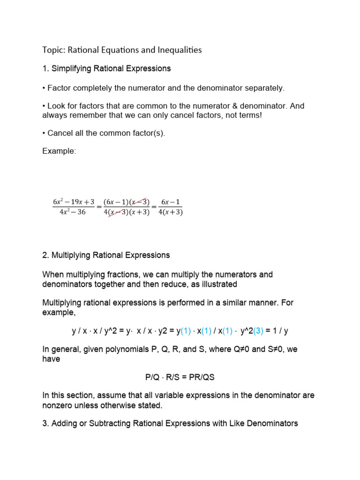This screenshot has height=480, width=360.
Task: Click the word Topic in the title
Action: pos(52,50)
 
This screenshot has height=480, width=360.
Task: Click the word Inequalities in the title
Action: pos(178,50)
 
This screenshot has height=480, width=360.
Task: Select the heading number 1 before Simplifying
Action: pos(45,68)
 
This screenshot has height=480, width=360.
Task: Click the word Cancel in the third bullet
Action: pos(60,133)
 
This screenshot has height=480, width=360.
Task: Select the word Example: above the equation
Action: pos(59,151)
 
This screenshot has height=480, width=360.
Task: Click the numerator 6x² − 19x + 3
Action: pos(73,202)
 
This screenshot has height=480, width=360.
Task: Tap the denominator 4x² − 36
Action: pos(69,212)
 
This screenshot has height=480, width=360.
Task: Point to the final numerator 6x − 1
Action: pos(171,202)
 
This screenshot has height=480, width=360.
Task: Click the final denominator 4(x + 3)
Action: pos(171,212)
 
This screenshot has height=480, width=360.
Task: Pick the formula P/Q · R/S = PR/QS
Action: pos(180,377)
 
